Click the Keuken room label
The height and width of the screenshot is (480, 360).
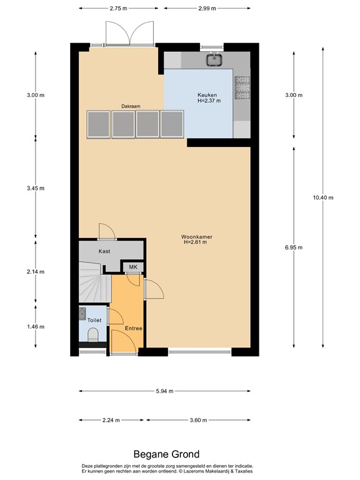coord(209,95)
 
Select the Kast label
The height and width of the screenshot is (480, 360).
coord(104,251)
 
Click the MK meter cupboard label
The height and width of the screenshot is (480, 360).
coord(133,267)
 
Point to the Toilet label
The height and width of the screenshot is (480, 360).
coord(94,319)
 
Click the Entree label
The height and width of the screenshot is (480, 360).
coord(133,329)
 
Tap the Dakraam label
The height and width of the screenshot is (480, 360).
coord(131,107)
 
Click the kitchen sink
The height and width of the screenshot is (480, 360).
coord(215,60)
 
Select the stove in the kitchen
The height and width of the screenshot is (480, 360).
coord(241,87)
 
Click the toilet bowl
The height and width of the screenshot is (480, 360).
coord(94,339)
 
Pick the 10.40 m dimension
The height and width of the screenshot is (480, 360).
coord(322,197)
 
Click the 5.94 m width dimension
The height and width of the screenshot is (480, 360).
coord(164,391)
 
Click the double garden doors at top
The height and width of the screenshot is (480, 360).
coord(130,32)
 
